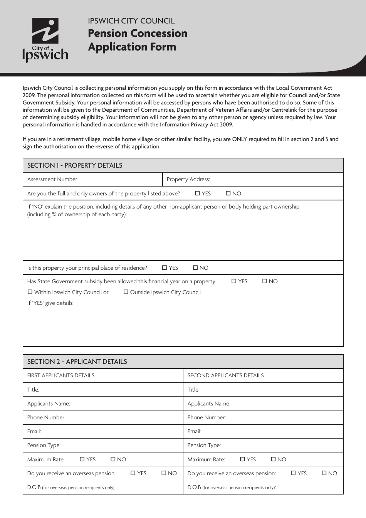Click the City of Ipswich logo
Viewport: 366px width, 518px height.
click(45, 40)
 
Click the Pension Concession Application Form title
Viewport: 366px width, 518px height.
click(138, 40)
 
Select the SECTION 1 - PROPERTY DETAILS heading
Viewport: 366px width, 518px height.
click(75, 165)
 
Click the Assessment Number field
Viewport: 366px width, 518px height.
click(119, 179)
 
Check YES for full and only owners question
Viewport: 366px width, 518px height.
click(198, 193)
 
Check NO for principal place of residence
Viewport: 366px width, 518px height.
click(195, 268)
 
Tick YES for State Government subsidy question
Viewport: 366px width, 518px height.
click(234, 281)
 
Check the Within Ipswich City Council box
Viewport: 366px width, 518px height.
click(30, 292)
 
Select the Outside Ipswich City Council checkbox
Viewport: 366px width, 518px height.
click(126, 292)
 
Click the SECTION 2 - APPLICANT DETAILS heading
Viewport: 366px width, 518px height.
click(77, 362)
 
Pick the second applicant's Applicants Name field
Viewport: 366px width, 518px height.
click(285, 404)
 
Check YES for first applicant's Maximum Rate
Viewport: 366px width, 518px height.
click(82, 459)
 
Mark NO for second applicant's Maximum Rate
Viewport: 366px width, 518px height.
click(273, 459)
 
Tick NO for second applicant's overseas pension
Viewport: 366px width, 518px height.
click(324, 473)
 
